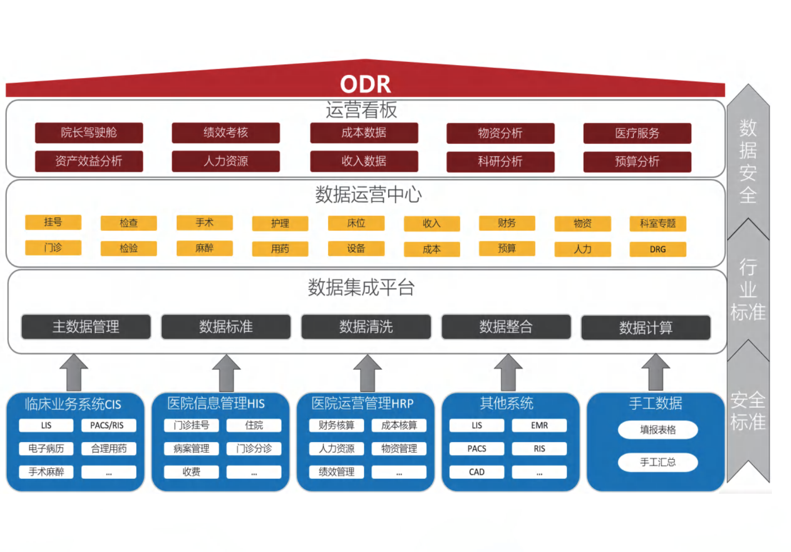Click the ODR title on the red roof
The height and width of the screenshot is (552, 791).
point(365,84)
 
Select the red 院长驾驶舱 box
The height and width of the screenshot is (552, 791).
point(89,133)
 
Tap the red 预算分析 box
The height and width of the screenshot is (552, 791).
point(637,161)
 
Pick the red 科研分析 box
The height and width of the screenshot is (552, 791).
point(500,161)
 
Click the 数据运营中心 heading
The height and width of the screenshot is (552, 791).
point(368,195)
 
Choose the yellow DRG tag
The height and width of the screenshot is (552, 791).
point(657,249)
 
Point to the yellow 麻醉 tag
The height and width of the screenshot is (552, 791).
point(204,248)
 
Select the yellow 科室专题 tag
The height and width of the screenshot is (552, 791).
point(657,223)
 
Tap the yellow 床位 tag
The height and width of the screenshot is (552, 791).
point(356,223)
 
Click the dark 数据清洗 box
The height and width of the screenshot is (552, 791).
point(366,327)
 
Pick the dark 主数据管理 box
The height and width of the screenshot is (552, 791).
point(86,327)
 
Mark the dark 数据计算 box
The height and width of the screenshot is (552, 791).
point(646,328)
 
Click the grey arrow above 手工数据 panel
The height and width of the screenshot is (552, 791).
point(655,372)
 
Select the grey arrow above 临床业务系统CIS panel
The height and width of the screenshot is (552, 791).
point(74,372)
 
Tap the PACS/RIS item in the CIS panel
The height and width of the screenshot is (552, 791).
point(109,426)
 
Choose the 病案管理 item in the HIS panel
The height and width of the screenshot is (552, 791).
point(191,449)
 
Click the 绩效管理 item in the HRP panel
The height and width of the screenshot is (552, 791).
point(336,472)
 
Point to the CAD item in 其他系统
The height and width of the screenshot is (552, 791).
point(476,472)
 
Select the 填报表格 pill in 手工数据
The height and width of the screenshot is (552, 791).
point(657,430)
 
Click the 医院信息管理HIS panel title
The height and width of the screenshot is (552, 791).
point(216,403)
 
